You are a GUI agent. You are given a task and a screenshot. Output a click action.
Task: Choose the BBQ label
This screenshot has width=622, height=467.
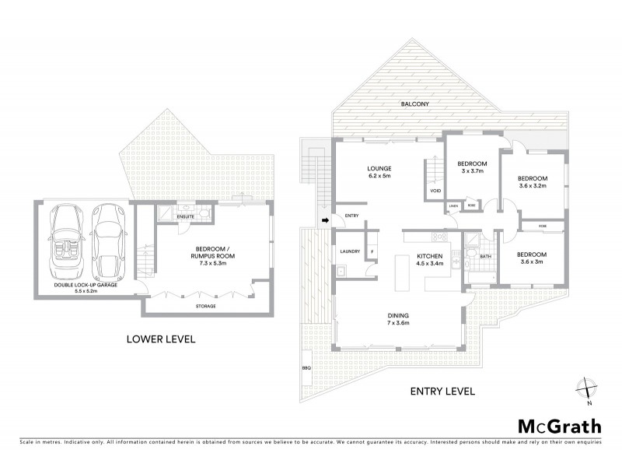305,368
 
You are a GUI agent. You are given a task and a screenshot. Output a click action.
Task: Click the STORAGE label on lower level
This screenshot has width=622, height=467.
206,306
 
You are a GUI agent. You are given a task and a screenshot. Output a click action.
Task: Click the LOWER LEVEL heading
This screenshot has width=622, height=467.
162,339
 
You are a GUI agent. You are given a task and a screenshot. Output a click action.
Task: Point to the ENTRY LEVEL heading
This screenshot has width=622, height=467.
437,391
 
